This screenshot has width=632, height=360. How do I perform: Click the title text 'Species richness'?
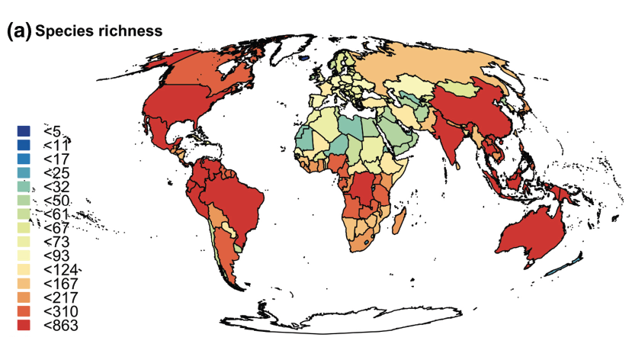pos(98,31)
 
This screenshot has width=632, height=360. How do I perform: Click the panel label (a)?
pos(18,31)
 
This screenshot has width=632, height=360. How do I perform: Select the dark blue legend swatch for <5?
pos(24,131)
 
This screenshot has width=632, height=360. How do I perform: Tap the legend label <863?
pos(61,326)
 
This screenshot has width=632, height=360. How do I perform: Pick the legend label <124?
pos(61,270)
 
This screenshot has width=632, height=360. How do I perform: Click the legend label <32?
pos(58,187)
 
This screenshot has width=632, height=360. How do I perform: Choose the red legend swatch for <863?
pos(24,326)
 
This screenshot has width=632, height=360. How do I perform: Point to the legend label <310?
pos(61,312)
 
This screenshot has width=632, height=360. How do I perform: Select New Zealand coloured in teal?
pos(563,265)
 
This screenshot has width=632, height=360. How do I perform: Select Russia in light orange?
pos(442,65)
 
